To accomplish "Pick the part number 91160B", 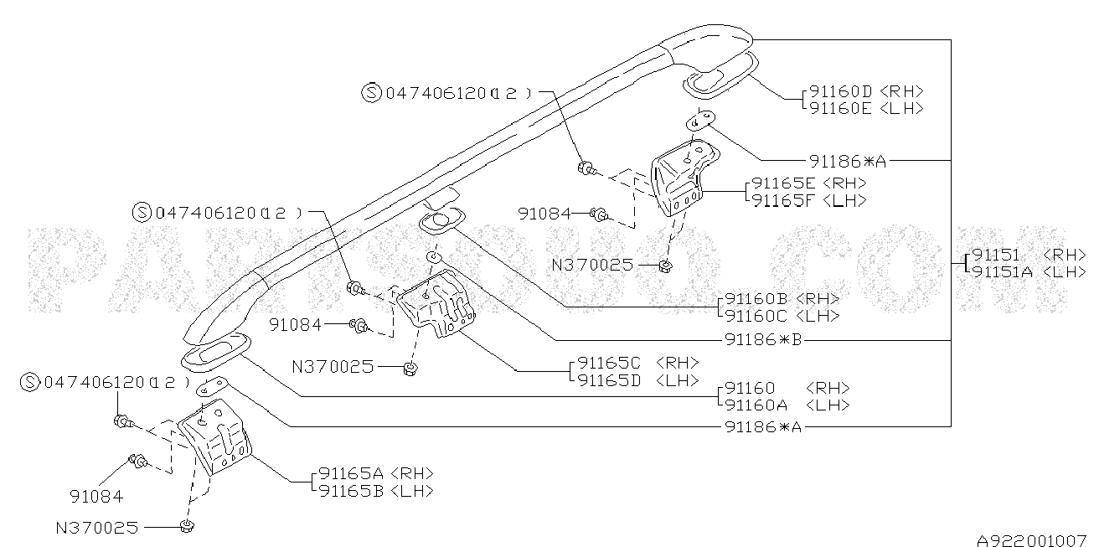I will point(757,299).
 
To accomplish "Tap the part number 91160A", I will point(757,405).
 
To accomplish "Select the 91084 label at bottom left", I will point(95,497).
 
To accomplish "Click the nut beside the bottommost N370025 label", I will point(187,526).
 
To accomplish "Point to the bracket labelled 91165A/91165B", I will point(216,440).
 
